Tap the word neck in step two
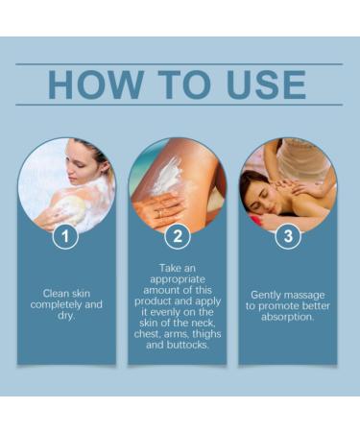point(204,311)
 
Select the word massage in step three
point(308,295)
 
